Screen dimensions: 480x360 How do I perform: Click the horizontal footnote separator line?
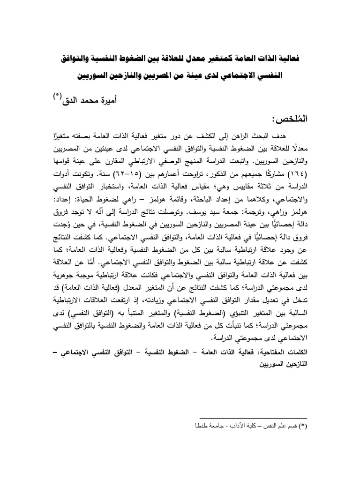pyautogui.click(x=253, y=418)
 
